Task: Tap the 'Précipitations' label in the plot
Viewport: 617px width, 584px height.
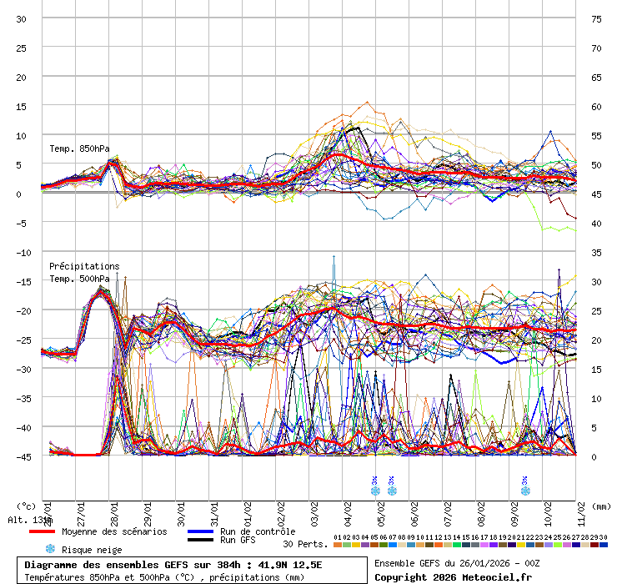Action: pyautogui.click(x=84, y=267)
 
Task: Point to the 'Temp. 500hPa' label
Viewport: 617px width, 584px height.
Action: pyautogui.click(x=79, y=279)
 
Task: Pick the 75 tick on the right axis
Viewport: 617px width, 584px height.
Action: pyautogui.click(x=596, y=18)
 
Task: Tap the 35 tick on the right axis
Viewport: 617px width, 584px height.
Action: pyautogui.click(x=596, y=252)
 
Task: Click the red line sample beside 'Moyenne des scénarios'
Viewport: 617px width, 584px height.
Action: pyautogui.click(x=41, y=531)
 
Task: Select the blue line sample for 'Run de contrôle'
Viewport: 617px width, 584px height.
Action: pyautogui.click(x=200, y=531)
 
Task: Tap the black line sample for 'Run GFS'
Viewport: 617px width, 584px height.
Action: pyautogui.click(x=200, y=541)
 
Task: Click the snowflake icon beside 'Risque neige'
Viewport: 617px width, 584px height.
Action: pyautogui.click(x=50, y=549)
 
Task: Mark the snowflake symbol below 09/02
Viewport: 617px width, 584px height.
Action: pyautogui.click(x=524, y=491)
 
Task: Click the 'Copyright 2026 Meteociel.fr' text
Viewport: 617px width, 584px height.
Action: pyautogui.click(x=453, y=576)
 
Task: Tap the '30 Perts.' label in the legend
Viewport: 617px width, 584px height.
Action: pyautogui.click(x=305, y=544)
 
